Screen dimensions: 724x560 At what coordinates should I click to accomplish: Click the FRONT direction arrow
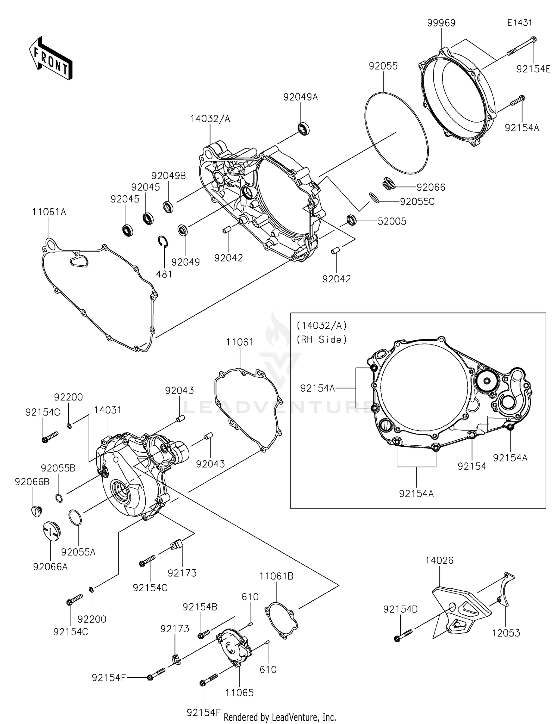click(x=51, y=58)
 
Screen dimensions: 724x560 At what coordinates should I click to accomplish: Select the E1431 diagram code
click(x=519, y=23)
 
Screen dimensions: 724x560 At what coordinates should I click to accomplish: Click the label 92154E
click(x=533, y=69)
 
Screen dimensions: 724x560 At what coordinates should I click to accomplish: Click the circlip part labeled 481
click(x=163, y=242)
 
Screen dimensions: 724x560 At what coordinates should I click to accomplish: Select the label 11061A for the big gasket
click(x=49, y=212)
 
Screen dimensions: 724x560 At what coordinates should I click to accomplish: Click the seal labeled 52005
click(x=352, y=220)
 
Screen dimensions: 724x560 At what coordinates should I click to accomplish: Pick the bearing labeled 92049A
click(x=304, y=128)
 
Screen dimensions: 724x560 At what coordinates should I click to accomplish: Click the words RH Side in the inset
click(x=321, y=340)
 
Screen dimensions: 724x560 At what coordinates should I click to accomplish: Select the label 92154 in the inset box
click(x=472, y=466)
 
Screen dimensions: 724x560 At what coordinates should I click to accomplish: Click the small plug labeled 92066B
click(x=36, y=511)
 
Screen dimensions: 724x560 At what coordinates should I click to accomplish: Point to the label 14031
click(x=108, y=410)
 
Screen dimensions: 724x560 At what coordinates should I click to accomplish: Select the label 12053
click(x=505, y=633)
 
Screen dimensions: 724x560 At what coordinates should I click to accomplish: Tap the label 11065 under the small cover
click(x=239, y=693)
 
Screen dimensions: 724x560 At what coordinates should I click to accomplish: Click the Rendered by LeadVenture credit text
click(x=280, y=717)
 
